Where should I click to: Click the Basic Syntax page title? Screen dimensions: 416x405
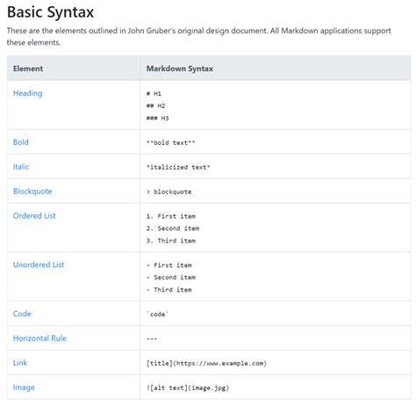pyautogui.click(x=50, y=12)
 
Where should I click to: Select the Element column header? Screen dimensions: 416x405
pyautogui.click(x=28, y=69)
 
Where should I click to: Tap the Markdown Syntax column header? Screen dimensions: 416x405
pyautogui.click(x=180, y=69)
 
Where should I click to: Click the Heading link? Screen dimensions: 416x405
pyautogui.click(x=28, y=93)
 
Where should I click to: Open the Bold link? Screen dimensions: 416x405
pyautogui.click(x=21, y=142)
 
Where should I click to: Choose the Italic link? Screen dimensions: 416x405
pyautogui.click(x=21, y=167)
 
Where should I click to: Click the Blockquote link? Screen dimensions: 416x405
pyautogui.click(x=32, y=192)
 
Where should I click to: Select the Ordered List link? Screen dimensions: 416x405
pyautogui.click(x=34, y=216)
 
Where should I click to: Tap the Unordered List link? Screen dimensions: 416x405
pyautogui.click(x=39, y=264)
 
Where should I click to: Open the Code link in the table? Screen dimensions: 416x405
pyautogui.click(x=22, y=314)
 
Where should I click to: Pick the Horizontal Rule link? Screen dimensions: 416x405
pyautogui.click(x=39, y=338)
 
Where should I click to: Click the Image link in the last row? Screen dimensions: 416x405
pyautogui.click(x=24, y=387)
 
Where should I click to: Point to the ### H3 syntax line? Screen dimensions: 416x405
pyautogui.click(x=157, y=118)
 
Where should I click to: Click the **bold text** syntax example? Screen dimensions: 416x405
pyautogui.click(x=170, y=142)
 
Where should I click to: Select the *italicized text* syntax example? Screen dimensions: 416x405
pyautogui.click(x=178, y=167)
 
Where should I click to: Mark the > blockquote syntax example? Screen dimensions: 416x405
pyautogui.click(x=169, y=192)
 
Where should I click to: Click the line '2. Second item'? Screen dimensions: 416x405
pyautogui.click(x=173, y=228)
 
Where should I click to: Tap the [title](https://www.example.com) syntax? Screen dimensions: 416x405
pyautogui.click(x=206, y=364)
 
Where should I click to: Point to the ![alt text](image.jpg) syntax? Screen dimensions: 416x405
pyautogui.click(x=188, y=388)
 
